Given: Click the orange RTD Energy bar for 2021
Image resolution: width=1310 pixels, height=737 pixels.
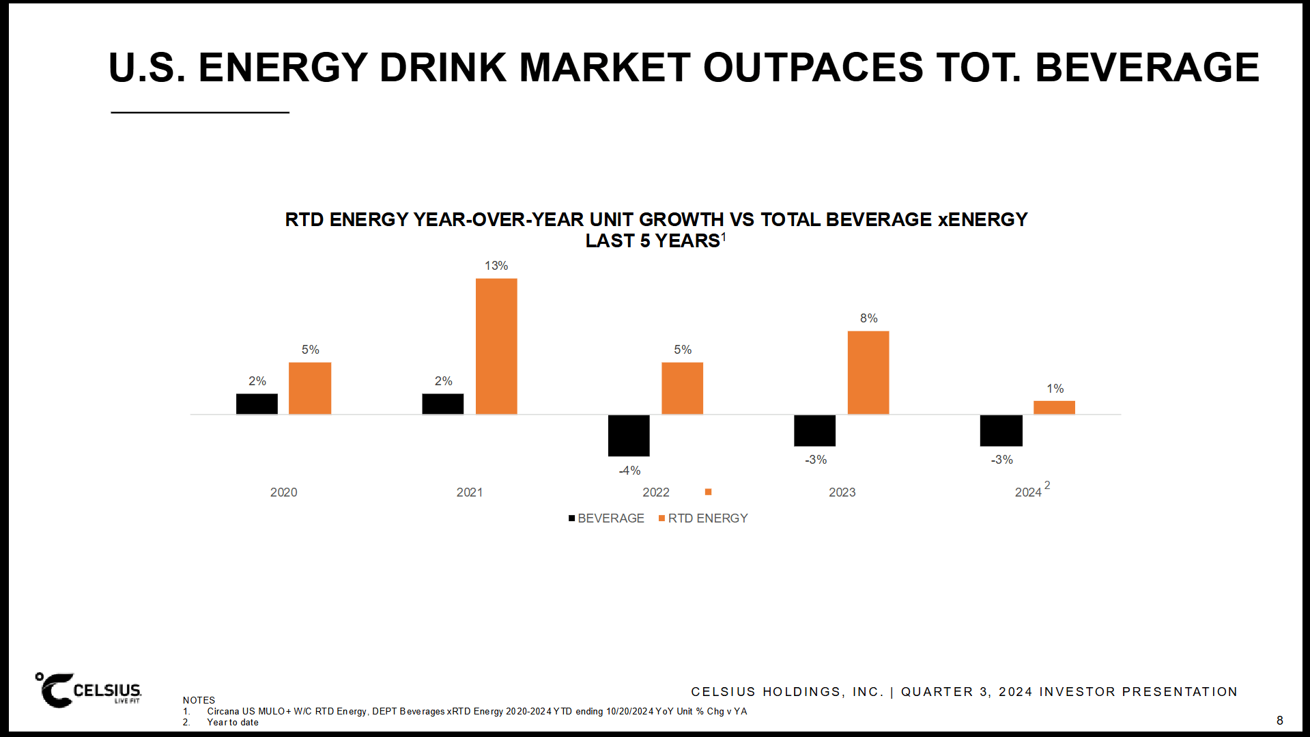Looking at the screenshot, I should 496,346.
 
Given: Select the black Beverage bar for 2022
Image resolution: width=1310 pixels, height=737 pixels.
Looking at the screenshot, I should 629,435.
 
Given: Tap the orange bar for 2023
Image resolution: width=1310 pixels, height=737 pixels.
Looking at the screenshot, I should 868,372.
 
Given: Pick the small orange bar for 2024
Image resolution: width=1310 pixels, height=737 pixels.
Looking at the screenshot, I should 1054,407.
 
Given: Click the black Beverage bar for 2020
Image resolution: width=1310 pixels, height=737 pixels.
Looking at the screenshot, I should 257,404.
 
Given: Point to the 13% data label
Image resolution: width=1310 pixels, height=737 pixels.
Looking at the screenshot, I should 496,266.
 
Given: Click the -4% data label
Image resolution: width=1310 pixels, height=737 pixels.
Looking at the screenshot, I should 629,471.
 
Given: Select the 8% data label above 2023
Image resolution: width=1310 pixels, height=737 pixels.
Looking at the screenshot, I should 868,318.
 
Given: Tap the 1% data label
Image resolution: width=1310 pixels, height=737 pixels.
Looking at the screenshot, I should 1055,389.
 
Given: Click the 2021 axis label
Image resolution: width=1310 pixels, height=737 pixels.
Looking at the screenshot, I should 470,492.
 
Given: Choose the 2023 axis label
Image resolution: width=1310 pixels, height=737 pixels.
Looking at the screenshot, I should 842,492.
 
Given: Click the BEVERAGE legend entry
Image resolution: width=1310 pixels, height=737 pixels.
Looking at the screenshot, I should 606,518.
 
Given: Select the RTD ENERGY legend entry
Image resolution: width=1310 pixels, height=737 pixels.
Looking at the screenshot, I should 703,518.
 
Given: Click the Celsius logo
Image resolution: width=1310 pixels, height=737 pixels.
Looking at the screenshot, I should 89,690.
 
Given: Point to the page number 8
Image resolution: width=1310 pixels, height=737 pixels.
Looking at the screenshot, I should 1279,721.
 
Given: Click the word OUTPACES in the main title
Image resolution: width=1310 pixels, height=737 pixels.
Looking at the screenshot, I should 812,68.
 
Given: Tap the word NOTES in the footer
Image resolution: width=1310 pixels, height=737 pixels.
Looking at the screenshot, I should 199,700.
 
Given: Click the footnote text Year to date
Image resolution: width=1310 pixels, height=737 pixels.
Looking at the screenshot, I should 233,722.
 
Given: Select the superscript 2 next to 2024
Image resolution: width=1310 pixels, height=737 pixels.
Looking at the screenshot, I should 1047,485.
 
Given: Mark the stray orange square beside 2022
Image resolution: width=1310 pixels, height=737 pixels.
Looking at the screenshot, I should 708,492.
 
